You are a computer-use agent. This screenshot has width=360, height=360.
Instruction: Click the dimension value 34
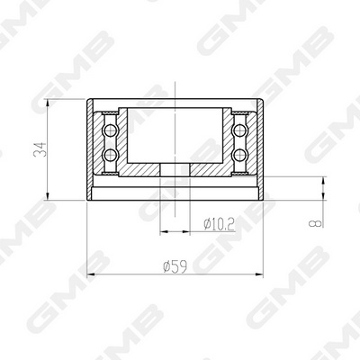coord(40,149)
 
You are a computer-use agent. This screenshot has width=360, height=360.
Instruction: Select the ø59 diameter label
coord(175,266)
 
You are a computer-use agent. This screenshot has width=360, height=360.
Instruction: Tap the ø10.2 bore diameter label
coord(219,224)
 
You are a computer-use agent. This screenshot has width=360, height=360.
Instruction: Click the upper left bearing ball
coord(110,130)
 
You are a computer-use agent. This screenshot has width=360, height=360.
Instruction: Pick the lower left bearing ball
coord(110,155)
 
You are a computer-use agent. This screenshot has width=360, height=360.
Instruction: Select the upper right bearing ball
coord(239,130)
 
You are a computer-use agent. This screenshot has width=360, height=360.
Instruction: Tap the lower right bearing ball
coord(239,155)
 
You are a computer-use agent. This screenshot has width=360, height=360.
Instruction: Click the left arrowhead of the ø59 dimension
coord(91,274)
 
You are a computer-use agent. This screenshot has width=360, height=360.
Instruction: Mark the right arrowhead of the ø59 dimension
coord(259,274)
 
